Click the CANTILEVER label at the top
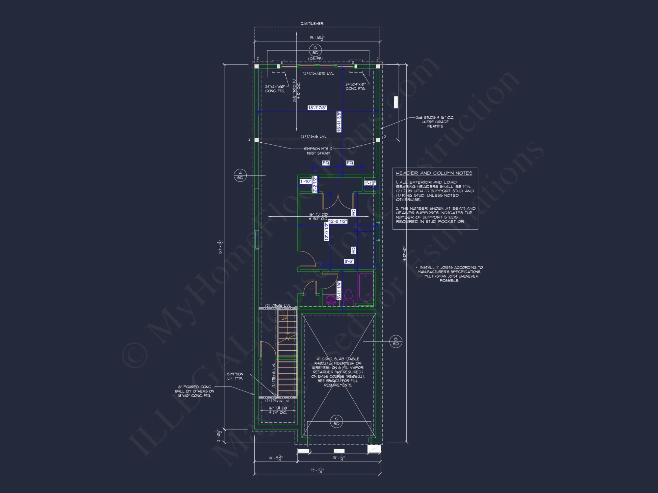tap(312, 23)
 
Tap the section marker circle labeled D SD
tap(315, 50)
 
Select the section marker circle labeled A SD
tap(240, 175)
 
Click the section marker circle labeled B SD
tap(395, 341)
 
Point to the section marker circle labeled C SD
tap(336, 421)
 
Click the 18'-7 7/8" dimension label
tap(317, 108)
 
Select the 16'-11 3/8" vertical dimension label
tap(339, 122)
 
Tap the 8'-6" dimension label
tap(349, 261)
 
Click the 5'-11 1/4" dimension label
tap(339, 290)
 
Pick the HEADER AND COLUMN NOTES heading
tap(434, 173)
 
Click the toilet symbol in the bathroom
tap(348, 298)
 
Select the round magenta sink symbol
tap(331, 300)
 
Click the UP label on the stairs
tap(284, 318)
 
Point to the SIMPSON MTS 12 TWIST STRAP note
tap(318, 151)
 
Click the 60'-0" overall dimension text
tap(404, 253)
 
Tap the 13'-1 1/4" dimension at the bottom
tap(338, 458)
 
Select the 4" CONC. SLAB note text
tap(338, 372)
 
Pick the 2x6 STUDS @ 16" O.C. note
tap(435, 122)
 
